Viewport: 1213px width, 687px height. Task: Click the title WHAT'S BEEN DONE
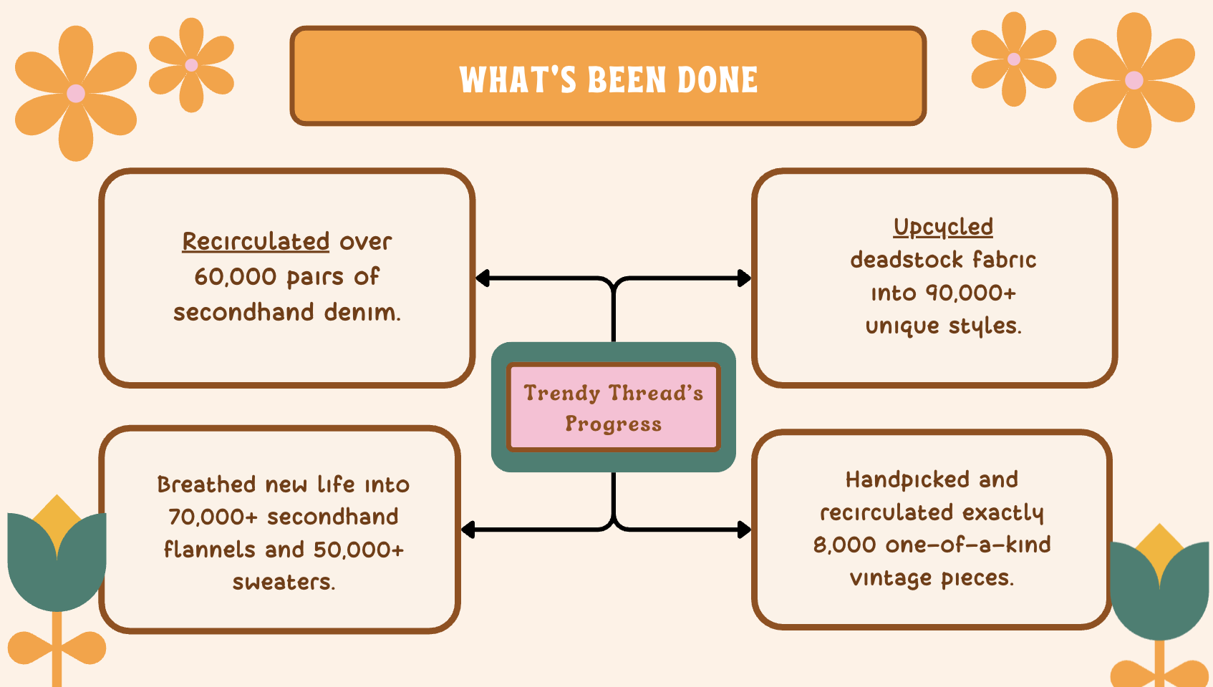[608, 79]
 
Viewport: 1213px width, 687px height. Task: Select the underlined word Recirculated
[256, 241]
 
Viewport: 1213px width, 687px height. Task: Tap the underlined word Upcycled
[943, 228]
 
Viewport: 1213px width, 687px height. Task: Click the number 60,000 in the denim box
[236, 277]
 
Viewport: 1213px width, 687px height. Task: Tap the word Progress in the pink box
[614, 424]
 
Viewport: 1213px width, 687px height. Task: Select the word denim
[362, 313]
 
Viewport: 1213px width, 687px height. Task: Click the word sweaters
[284, 583]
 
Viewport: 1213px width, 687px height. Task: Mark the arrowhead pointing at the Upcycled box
[745, 278]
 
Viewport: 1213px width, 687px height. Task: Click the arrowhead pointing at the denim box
[482, 278]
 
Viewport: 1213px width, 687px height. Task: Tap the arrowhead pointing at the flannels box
[468, 530]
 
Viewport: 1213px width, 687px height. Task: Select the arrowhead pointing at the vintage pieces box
[745, 530]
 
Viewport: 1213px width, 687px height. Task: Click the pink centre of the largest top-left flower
[76, 94]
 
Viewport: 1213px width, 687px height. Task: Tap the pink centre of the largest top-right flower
[1134, 80]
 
